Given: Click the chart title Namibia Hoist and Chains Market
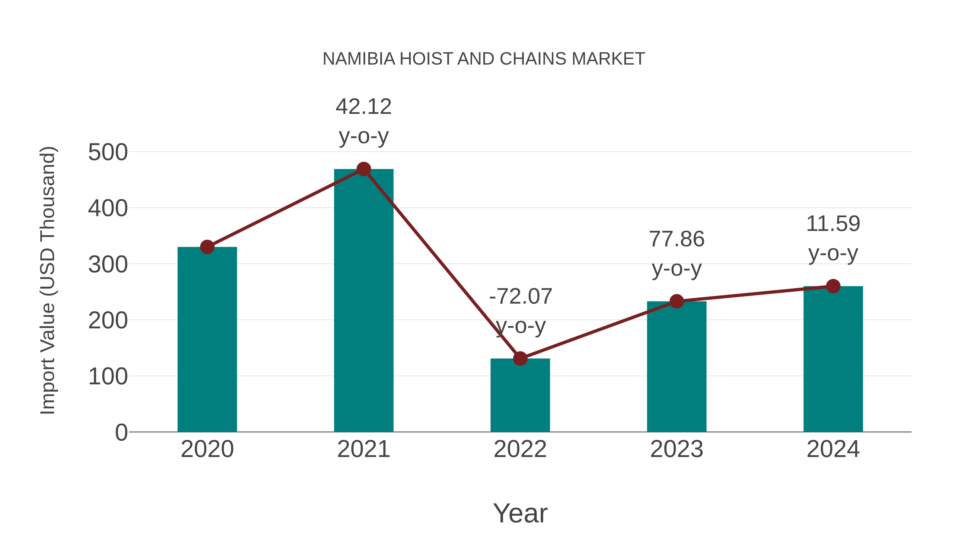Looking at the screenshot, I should [484, 59].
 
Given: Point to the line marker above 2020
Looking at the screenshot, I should [207, 247].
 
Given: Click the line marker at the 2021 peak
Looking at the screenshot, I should [363, 169].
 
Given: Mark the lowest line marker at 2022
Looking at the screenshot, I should [520, 358].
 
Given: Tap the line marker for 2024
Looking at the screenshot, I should [833, 286].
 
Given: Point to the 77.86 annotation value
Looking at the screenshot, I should [677, 239].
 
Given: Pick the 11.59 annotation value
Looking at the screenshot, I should [833, 224].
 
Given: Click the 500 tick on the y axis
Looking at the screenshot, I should [108, 152].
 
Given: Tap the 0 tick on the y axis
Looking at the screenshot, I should [121, 432].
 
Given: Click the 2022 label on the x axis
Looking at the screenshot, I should [520, 449].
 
